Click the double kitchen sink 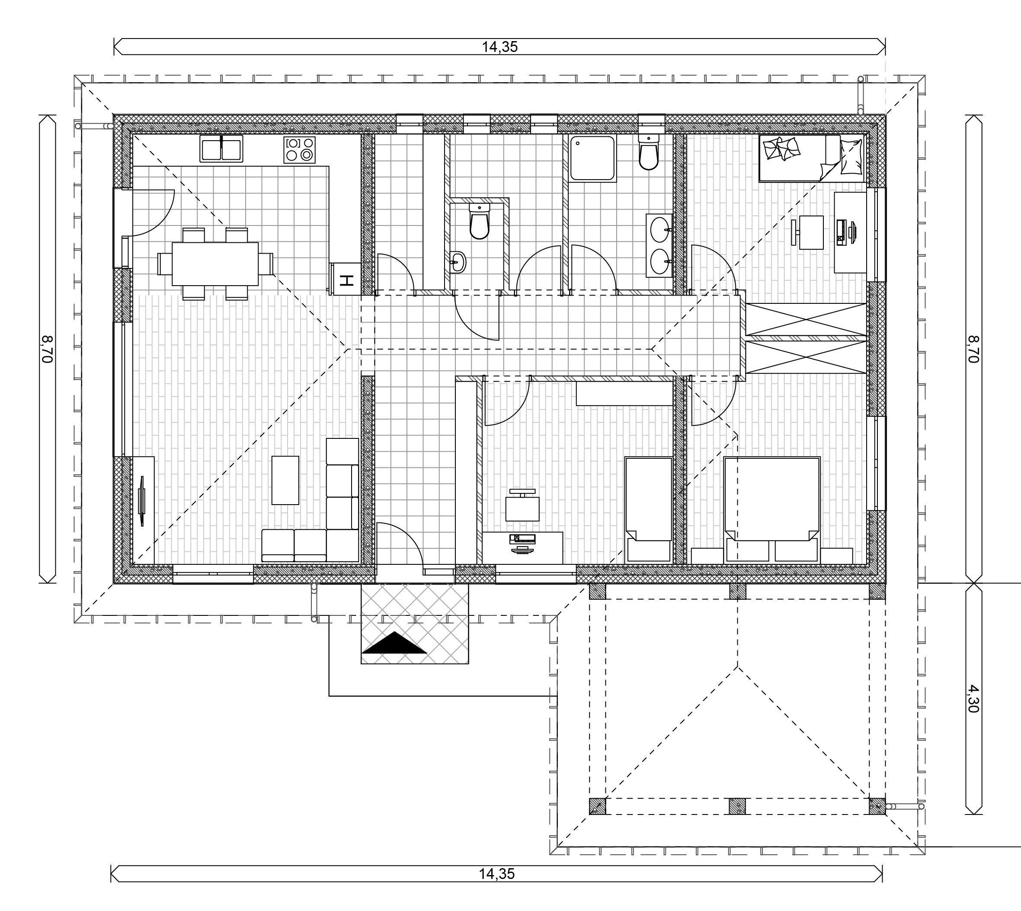[x=221, y=149]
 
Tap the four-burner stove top [x=299, y=150]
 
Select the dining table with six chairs [x=215, y=264]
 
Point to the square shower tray [x=593, y=158]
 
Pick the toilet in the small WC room [x=479, y=222]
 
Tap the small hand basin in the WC [x=457, y=262]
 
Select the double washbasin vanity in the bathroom [x=659, y=245]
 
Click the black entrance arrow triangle [x=394, y=643]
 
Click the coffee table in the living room [x=285, y=480]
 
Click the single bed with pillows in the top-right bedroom [x=811, y=158]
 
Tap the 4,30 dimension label [x=973, y=699]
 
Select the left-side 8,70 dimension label [x=48, y=349]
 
